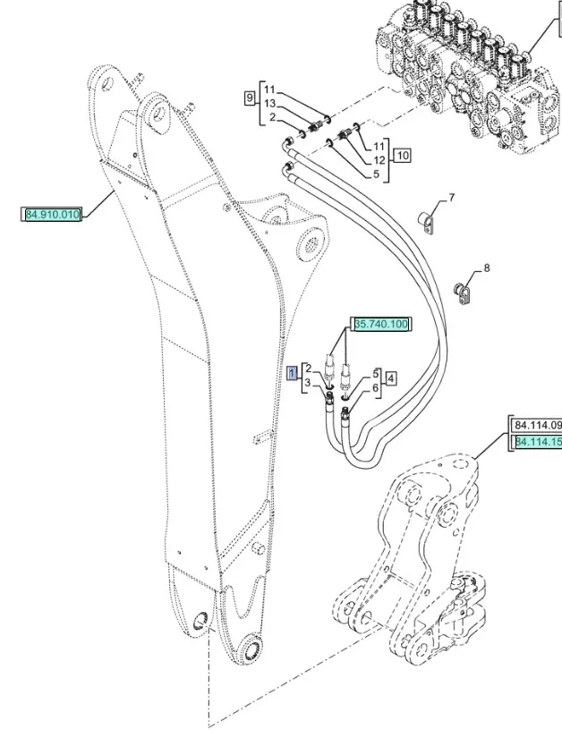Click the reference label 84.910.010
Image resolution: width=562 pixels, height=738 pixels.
[x=53, y=215]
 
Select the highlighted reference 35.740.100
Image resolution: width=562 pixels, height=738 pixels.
[x=382, y=325]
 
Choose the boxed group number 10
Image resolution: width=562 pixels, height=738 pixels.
[x=403, y=156]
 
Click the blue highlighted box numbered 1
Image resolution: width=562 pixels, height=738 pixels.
[x=293, y=373]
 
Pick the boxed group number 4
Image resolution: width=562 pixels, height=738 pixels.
[x=391, y=379]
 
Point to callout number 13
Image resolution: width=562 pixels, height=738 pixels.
[x=269, y=104]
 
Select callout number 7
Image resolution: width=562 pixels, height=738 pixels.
[x=452, y=197]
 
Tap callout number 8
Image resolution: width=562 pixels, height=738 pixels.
[x=487, y=267]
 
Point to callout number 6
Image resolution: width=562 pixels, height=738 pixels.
[x=377, y=387]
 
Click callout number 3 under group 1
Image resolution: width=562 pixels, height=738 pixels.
[x=308, y=383]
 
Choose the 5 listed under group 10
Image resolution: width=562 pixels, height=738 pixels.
[x=377, y=174]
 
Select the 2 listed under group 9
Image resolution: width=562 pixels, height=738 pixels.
[x=270, y=118]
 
